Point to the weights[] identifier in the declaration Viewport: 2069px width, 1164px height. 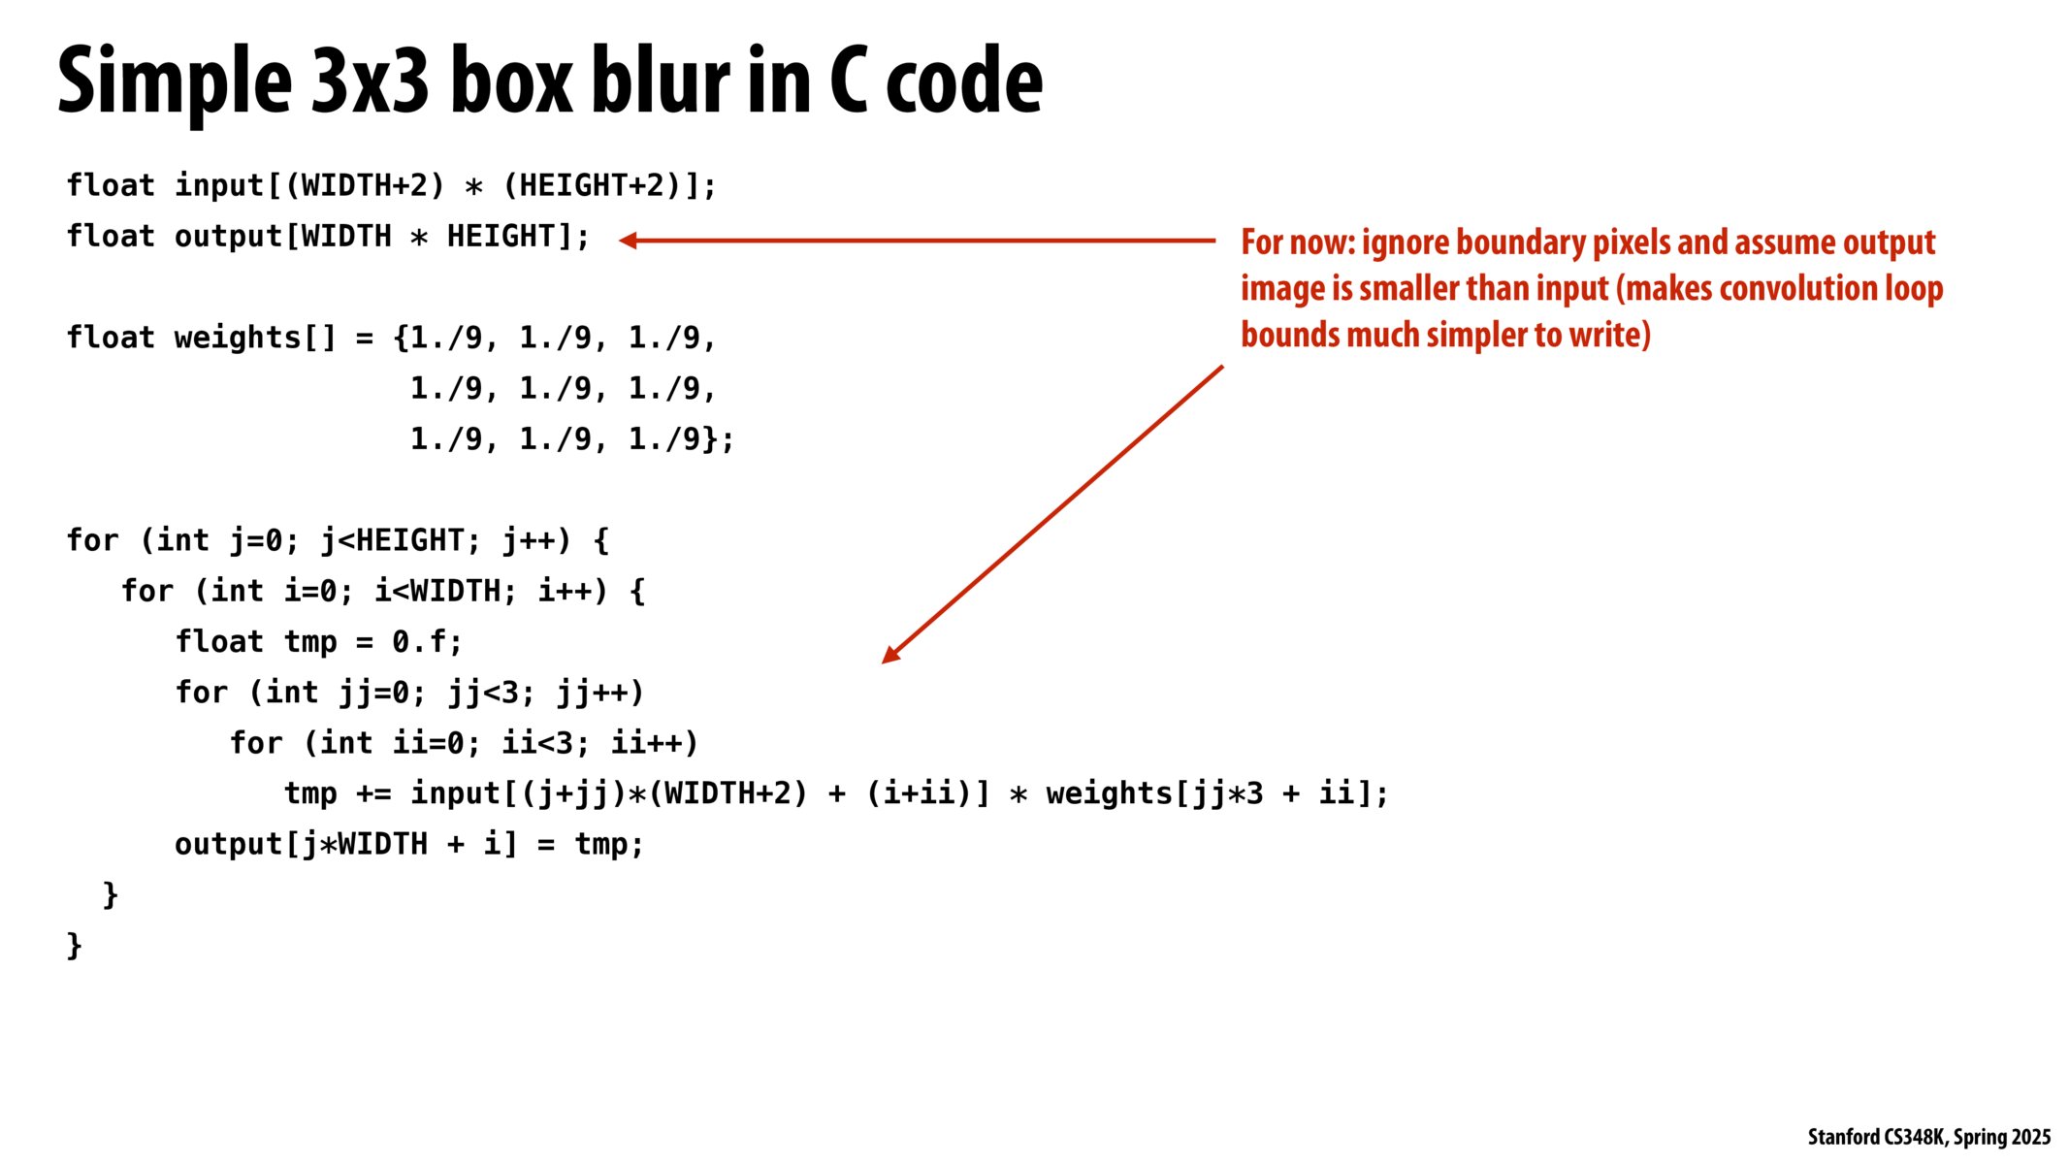[255, 338]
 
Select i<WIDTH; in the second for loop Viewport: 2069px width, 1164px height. [445, 591]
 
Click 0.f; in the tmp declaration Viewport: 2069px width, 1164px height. [427, 642]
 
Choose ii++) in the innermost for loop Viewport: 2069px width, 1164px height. [654, 743]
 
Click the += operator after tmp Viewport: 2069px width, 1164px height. [373, 794]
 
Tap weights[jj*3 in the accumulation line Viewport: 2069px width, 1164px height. [1154, 794]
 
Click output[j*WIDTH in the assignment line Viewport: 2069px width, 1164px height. [301, 845]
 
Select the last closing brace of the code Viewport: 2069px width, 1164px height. [75, 945]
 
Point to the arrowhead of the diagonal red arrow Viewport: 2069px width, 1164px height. [889, 656]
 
